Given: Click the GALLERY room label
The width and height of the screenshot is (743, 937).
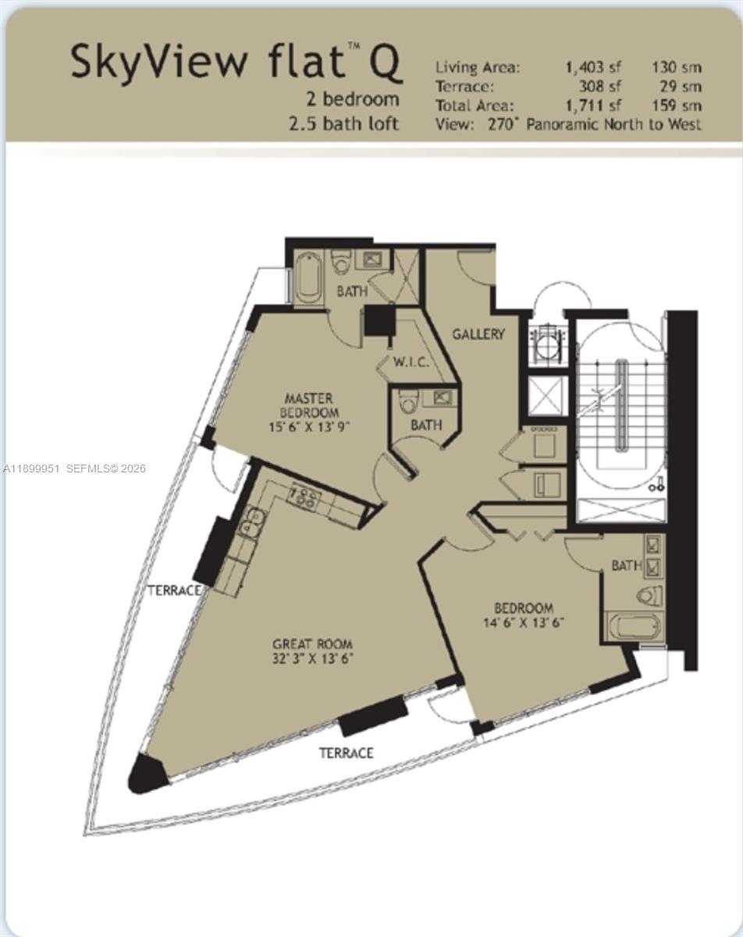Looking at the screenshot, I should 478,334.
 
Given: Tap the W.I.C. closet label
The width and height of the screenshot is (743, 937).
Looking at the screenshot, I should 407,362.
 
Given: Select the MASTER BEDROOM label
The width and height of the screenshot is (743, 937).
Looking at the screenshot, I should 311,406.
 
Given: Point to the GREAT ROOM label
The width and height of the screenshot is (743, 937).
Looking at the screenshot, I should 312,644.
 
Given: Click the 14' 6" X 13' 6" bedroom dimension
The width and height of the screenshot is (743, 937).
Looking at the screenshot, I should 523,623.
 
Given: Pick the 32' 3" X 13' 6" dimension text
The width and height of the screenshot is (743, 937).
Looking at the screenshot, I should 312,659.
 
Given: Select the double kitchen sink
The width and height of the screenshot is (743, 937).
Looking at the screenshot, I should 251,524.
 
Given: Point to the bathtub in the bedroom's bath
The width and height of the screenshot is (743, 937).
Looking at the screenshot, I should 634,628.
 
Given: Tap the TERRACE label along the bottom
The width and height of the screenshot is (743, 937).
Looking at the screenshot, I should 346,754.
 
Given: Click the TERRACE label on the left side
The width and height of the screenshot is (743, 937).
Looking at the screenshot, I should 173,590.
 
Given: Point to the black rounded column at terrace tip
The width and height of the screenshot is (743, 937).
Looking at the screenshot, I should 147,774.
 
